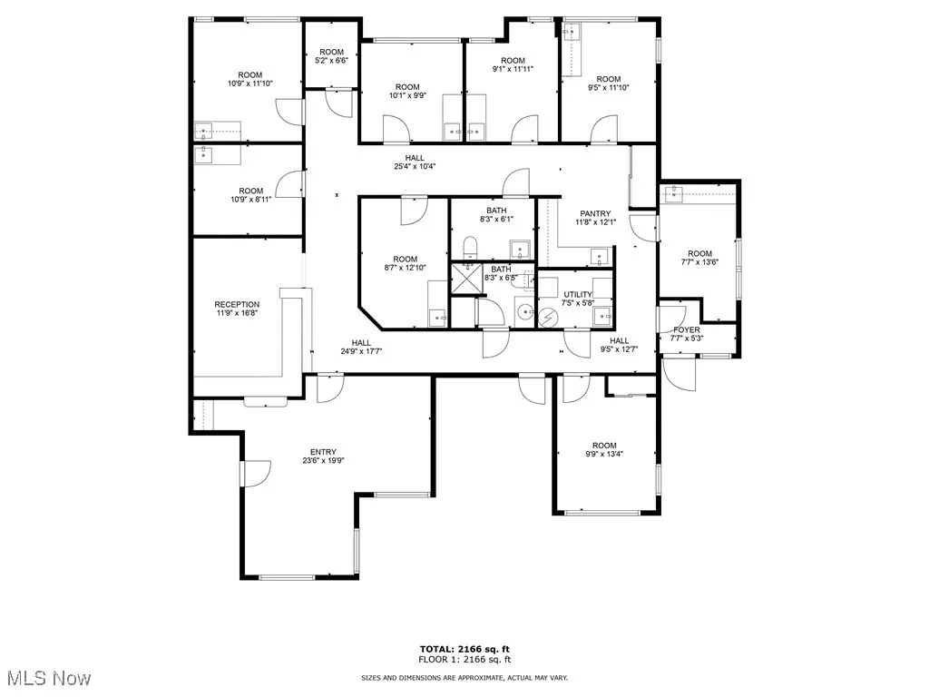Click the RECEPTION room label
[x=237, y=305]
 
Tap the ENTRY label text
[x=323, y=452]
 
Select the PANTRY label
[x=596, y=214]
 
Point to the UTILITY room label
[x=577, y=295]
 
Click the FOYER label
[x=685, y=329]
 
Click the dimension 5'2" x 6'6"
[x=331, y=61]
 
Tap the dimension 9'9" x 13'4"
[x=604, y=454]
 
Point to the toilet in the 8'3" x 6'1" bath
[x=469, y=247]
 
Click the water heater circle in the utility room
[x=550, y=315]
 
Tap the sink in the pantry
[x=600, y=257]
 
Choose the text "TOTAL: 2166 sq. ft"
[x=464, y=649]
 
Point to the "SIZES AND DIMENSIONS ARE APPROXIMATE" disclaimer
[x=464, y=678]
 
